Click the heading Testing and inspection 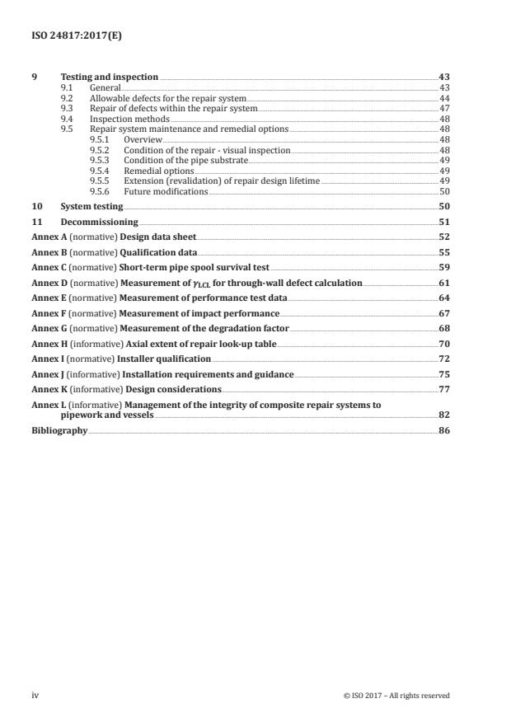click(109, 77)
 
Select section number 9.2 click(68, 98)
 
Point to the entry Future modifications click(166, 191)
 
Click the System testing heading click(91, 206)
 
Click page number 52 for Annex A click(443, 237)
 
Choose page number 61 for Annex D click(443, 283)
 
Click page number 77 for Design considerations click(443, 389)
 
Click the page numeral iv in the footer click(35, 695)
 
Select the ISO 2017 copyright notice click(396, 696)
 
